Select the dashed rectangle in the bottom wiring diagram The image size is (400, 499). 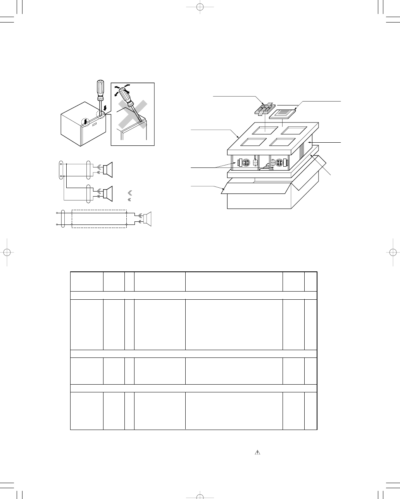99,219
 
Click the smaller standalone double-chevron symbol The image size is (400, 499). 129,200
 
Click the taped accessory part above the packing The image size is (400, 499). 264,109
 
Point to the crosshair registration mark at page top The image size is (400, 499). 199,7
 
